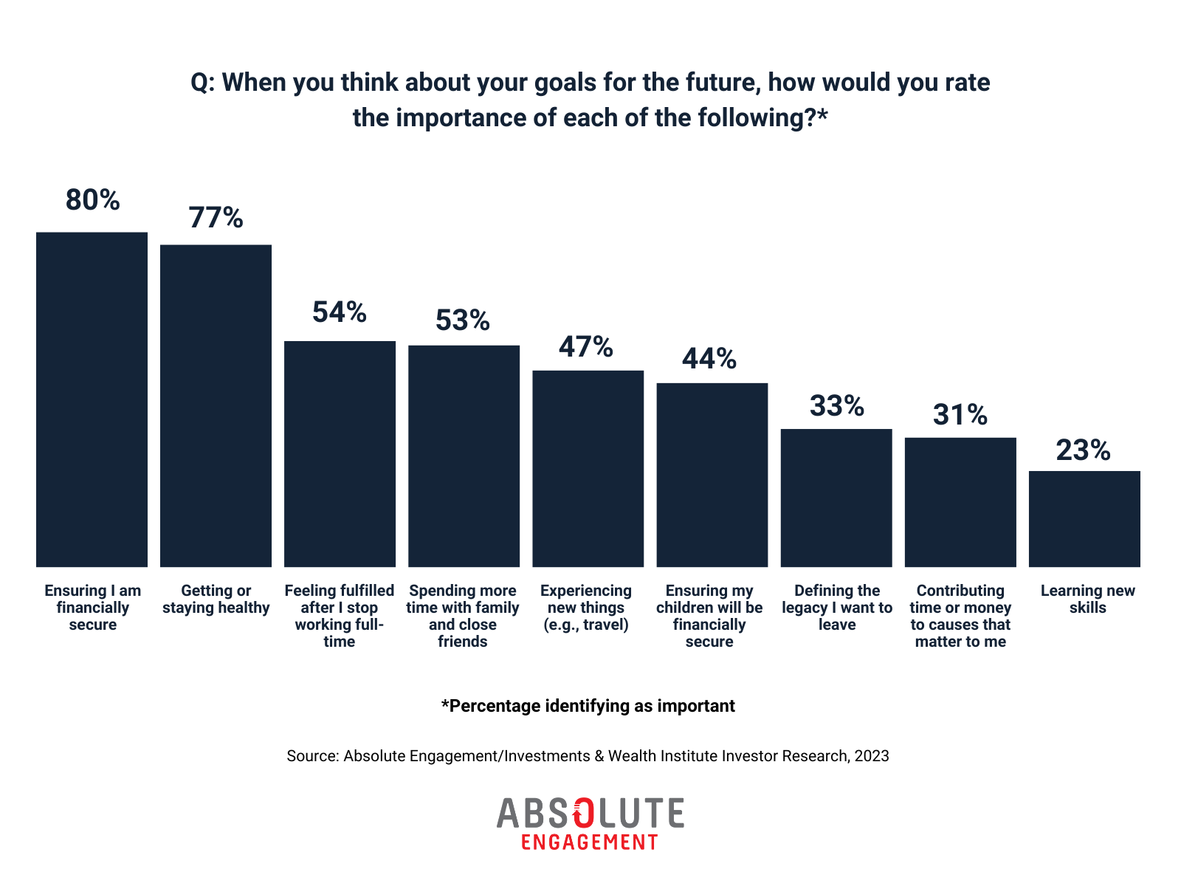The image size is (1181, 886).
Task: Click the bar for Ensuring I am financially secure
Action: coord(92,399)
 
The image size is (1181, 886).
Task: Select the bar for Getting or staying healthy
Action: coord(216,405)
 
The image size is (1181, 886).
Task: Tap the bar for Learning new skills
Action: coord(1084,518)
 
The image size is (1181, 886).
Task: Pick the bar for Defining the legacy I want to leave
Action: coord(836,498)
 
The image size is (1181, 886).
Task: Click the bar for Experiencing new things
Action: coord(588,468)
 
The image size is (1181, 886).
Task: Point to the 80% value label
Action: coord(92,200)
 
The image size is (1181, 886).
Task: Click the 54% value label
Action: coord(340,312)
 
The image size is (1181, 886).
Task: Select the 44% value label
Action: coord(709,359)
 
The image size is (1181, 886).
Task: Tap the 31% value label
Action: coord(960,415)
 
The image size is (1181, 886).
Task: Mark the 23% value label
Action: coord(1083,450)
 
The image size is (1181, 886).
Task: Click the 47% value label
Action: coord(586,347)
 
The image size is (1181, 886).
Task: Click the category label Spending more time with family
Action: coord(463,616)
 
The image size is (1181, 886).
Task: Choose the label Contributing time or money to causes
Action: coord(960,616)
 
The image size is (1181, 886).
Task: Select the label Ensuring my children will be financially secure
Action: coord(709,616)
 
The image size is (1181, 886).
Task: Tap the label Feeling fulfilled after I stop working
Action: coord(340,616)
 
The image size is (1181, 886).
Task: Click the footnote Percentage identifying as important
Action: coord(588,706)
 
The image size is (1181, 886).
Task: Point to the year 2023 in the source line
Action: coord(872,756)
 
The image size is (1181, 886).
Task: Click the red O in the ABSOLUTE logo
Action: coord(583,813)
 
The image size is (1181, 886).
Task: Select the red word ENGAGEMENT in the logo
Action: coord(589,842)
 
